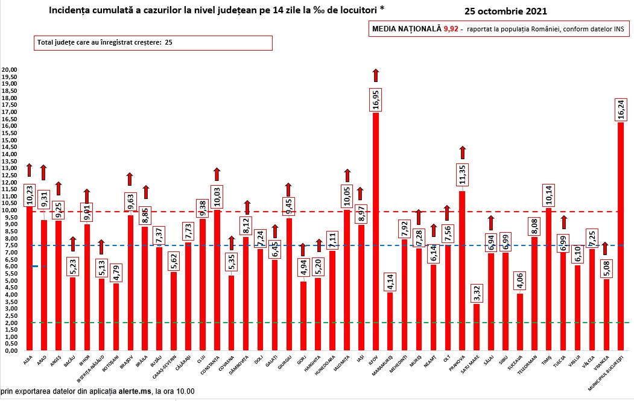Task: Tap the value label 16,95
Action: (375, 98)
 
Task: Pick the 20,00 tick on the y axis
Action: (10, 69)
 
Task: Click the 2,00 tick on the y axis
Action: (10, 323)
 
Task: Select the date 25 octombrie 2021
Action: (507, 11)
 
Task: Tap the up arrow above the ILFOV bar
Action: (375, 75)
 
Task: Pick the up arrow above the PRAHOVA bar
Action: (462, 153)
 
